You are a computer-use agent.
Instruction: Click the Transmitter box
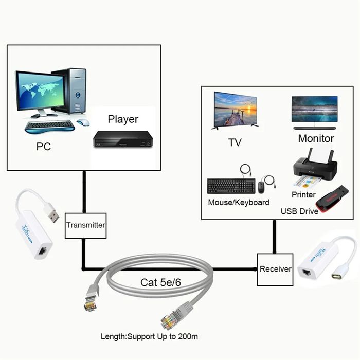tap(85, 225)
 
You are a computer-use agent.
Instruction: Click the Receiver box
tap(275, 269)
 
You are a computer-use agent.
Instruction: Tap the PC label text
tap(44, 147)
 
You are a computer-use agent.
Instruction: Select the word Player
tap(123, 119)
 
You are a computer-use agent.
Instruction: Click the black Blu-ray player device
tap(123, 138)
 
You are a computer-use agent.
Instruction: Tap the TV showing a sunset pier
tap(235, 110)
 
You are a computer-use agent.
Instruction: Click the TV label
tap(235, 142)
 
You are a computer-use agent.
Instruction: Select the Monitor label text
tap(316, 138)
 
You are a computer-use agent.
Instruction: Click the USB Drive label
tap(299, 211)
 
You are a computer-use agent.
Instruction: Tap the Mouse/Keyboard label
tap(238, 203)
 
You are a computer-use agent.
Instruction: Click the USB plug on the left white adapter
tap(50, 212)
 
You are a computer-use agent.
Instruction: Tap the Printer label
tap(303, 195)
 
